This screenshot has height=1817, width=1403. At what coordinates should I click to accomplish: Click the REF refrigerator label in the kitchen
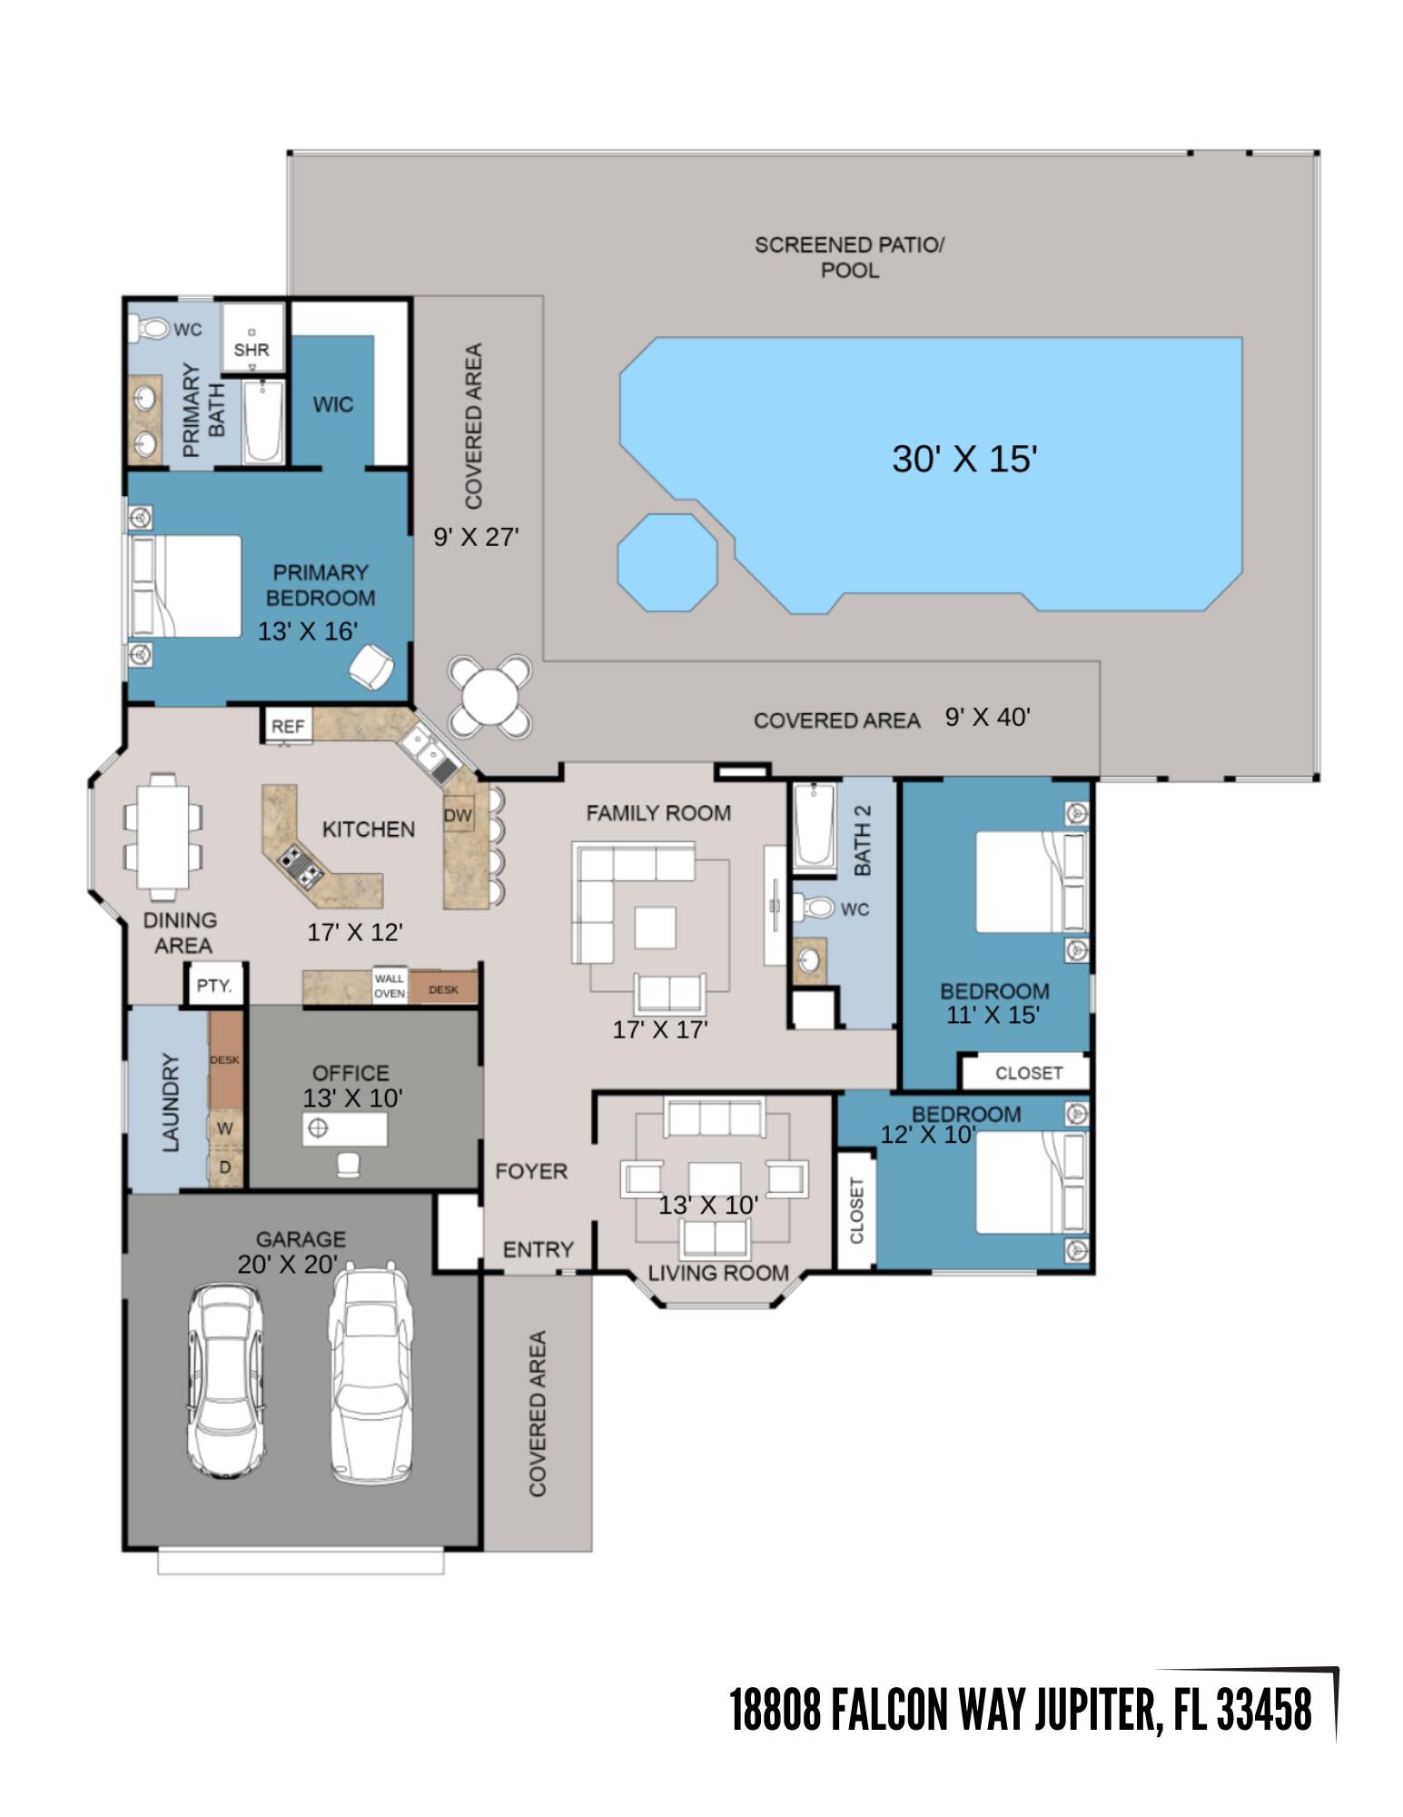click(288, 726)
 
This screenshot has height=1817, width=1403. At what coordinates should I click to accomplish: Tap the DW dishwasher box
click(458, 815)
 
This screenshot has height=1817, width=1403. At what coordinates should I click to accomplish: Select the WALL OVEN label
click(389, 986)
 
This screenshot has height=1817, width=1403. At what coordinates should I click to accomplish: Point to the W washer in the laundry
click(225, 1128)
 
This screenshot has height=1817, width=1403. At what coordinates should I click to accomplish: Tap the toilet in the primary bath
click(151, 328)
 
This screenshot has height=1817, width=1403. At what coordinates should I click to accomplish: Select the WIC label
click(332, 404)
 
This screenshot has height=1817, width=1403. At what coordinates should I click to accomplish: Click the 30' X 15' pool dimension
click(963, 459)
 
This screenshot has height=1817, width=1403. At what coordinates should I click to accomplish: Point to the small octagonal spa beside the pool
click(667, 562)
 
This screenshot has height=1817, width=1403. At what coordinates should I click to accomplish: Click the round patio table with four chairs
click(489, 696)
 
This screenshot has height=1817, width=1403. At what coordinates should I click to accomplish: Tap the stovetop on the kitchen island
click(301, 866)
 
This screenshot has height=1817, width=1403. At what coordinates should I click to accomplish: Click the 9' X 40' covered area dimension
click(987, 718)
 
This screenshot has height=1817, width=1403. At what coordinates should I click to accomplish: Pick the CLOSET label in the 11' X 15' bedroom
click(1028, 1073)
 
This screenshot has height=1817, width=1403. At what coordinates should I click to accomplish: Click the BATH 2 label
click(862, 840)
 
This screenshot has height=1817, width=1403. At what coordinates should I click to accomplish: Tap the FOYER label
click(531, 1171)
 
